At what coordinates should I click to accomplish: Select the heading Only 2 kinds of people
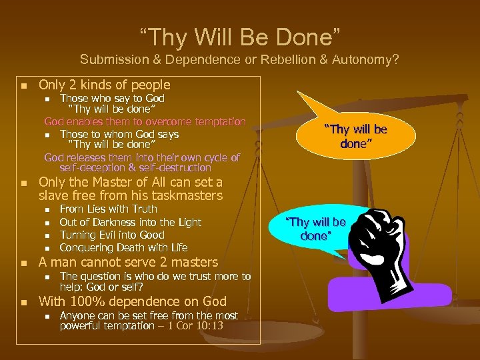click(x=105, y=85)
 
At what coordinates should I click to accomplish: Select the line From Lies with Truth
click(x=108, y=209)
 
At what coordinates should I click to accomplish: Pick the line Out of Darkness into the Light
click(x=131, y=222)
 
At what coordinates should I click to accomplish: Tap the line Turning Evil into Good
click(x=113, y=235)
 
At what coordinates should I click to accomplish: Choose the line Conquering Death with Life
click(x=123, y=247)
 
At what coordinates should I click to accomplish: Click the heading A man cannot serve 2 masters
click(x=129, y=262)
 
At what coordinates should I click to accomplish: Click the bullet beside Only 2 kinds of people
click(x=23, y=85)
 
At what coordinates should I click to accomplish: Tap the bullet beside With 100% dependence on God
click(x=23, y=302)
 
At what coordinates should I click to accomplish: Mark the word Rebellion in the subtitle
click(x=261, y=59)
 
